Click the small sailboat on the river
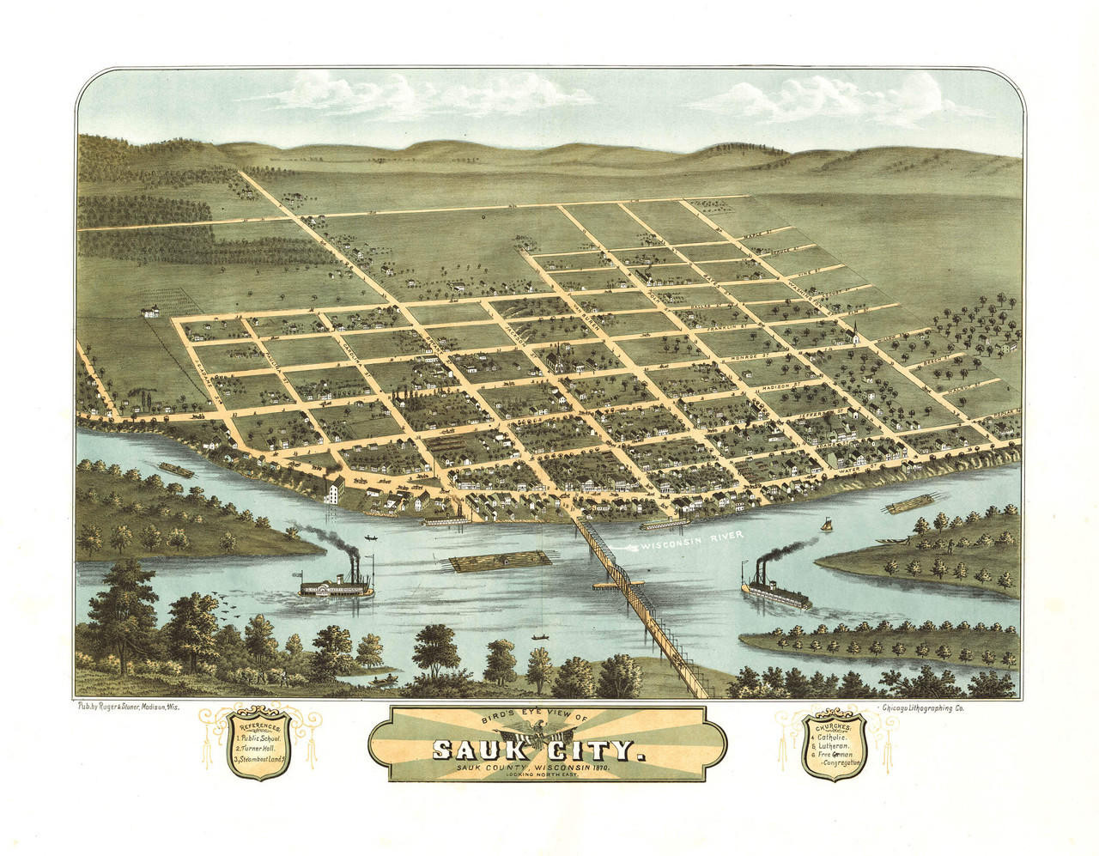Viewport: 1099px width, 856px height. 827,523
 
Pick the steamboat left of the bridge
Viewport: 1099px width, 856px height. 337,585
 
